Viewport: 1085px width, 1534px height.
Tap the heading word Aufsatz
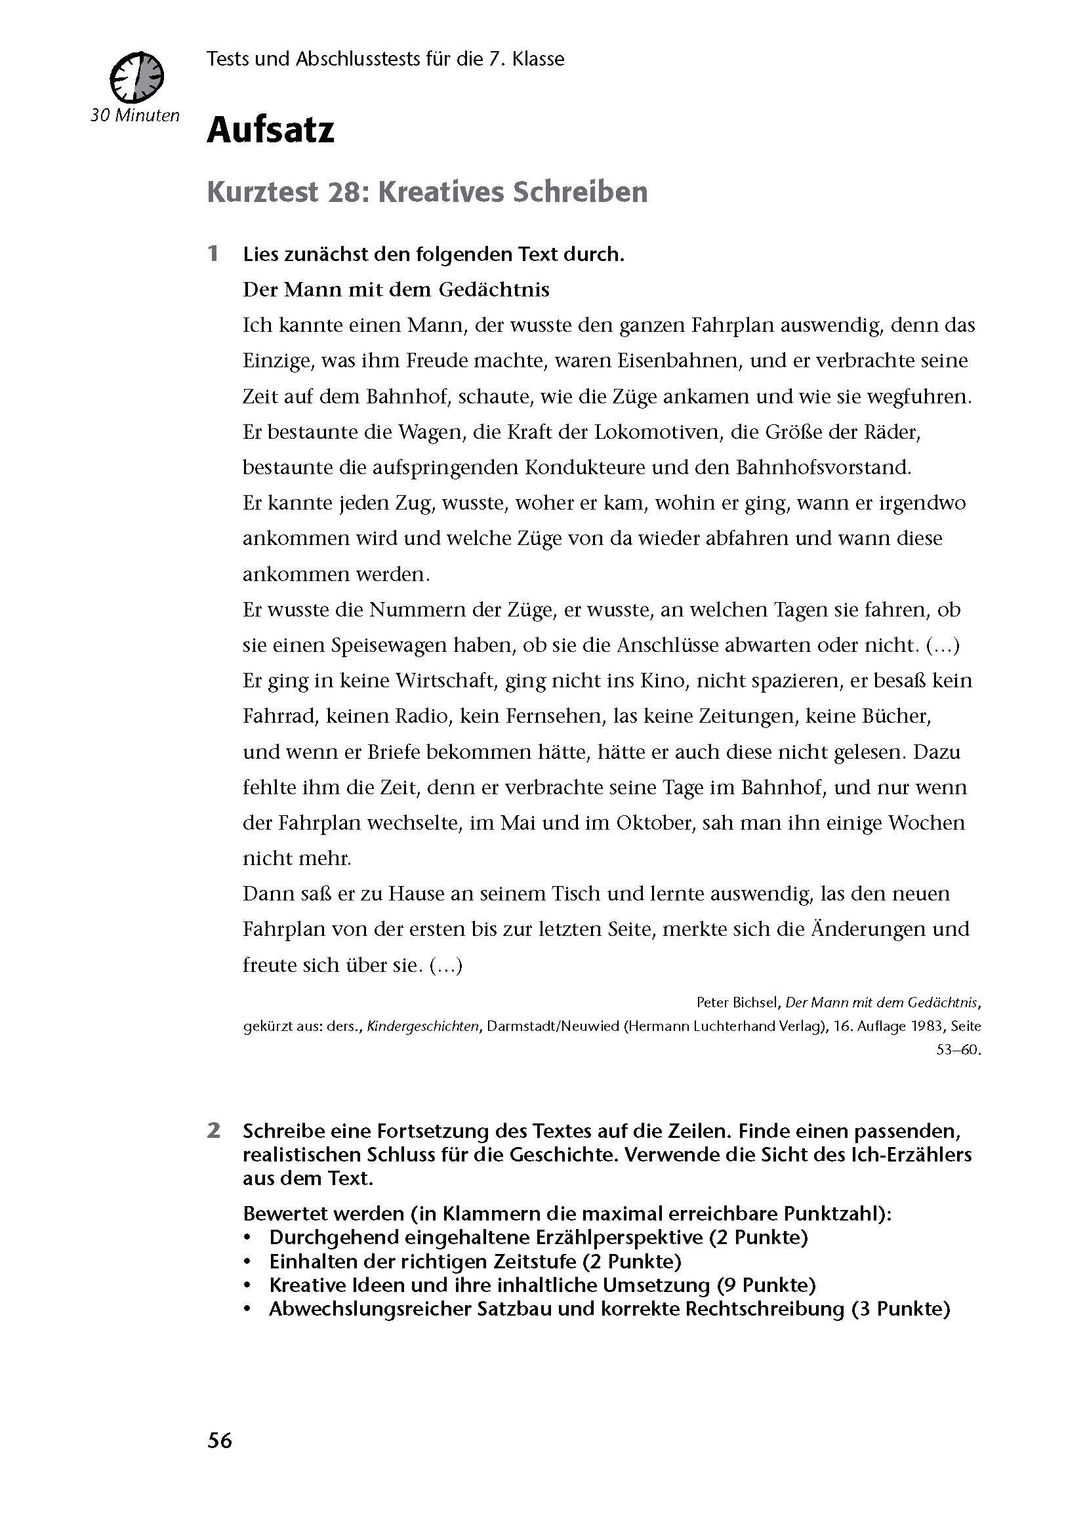(x=270, y=131)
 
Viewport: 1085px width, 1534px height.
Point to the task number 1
(x=213, y=254)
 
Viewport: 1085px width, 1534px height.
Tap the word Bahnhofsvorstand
(x=823, y=467)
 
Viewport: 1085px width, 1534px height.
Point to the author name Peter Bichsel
(x=737, y=1002)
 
